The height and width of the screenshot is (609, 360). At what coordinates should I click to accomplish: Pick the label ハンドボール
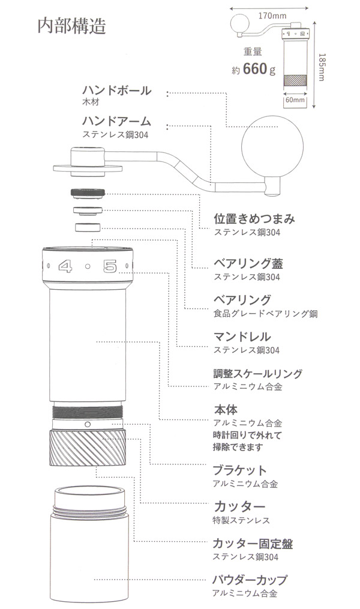[x=116, y=91]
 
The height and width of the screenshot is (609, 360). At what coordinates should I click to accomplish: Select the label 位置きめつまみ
[x=254, y=218]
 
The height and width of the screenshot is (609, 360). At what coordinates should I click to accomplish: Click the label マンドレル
[x=242, y=336]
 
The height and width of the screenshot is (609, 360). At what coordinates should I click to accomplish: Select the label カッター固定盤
[x=252, y=544]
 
